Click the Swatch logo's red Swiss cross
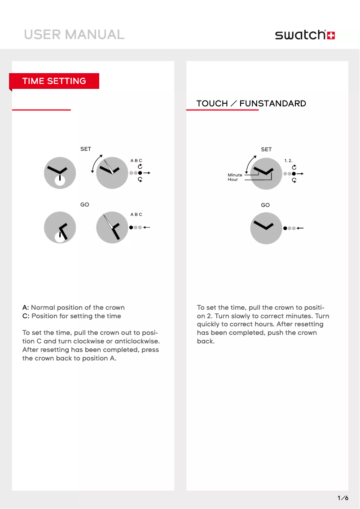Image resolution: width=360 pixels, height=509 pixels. (x=331, y=35)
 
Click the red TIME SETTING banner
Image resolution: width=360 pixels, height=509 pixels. (x=54, y=81)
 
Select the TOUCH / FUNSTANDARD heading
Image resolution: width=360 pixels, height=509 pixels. (x=251, y=104)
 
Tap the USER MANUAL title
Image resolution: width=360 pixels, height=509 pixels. (x=74, y=35)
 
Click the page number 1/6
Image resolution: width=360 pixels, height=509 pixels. (x=342, y=498)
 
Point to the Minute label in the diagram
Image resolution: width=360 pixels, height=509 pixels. (x=235, y=175)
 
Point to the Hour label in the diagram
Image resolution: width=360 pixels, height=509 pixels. (x=233, y=180)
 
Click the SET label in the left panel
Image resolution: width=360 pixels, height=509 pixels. (x=85, y=149)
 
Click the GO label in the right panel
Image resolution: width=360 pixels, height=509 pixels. (x=265, y=205)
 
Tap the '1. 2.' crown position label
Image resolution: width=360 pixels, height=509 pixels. (x=288, y=160)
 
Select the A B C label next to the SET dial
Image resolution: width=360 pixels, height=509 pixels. (x=136, y=160)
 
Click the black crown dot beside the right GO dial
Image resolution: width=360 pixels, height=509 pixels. (x=285, y=228)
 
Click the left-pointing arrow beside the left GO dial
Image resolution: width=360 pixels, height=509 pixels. (x=146, y=228)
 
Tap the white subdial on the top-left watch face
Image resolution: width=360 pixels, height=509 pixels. (x=60, y=180)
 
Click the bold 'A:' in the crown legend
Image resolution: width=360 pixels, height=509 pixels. (x=26, y=307)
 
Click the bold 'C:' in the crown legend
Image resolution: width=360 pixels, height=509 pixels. (x=26, y=316)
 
